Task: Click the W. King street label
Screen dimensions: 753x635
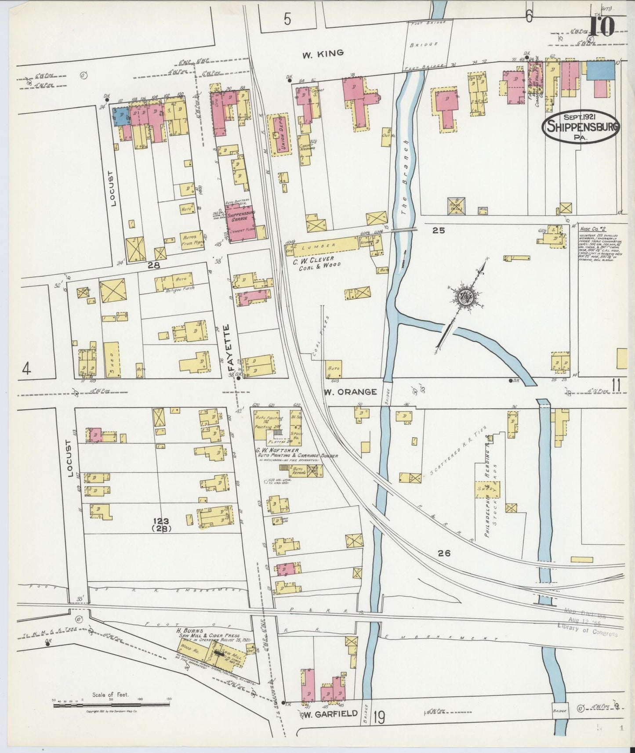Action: pos(323,54)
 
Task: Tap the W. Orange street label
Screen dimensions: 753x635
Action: pos(350,391)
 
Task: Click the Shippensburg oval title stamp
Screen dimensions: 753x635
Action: pos(581,127)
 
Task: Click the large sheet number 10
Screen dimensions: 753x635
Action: pos(602,26)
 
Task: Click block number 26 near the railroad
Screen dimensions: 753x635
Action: pos(444,554)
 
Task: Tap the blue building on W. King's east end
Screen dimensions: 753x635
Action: pos(600,70)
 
